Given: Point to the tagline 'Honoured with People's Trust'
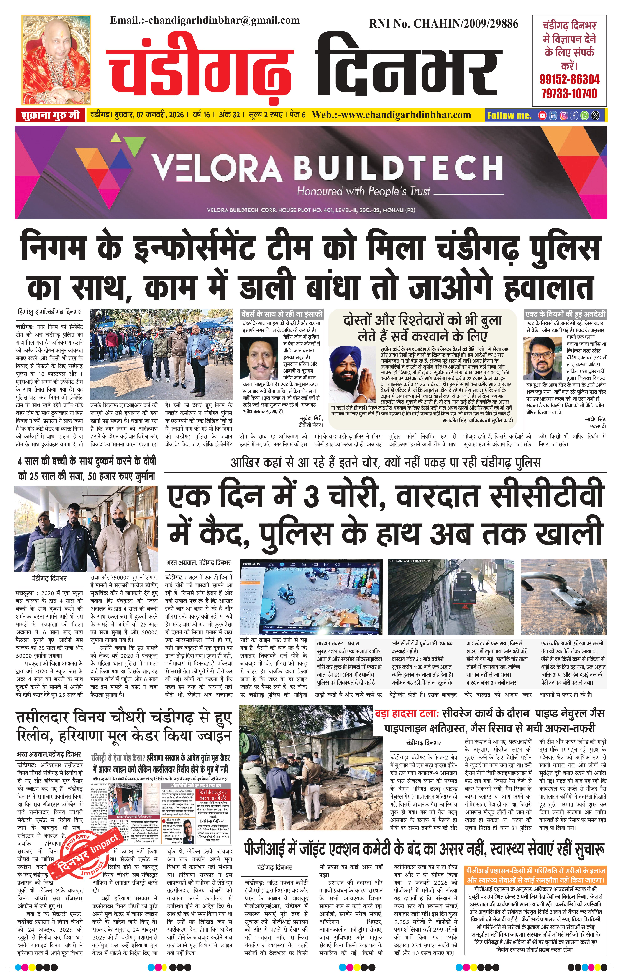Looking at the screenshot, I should pos(363,191).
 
